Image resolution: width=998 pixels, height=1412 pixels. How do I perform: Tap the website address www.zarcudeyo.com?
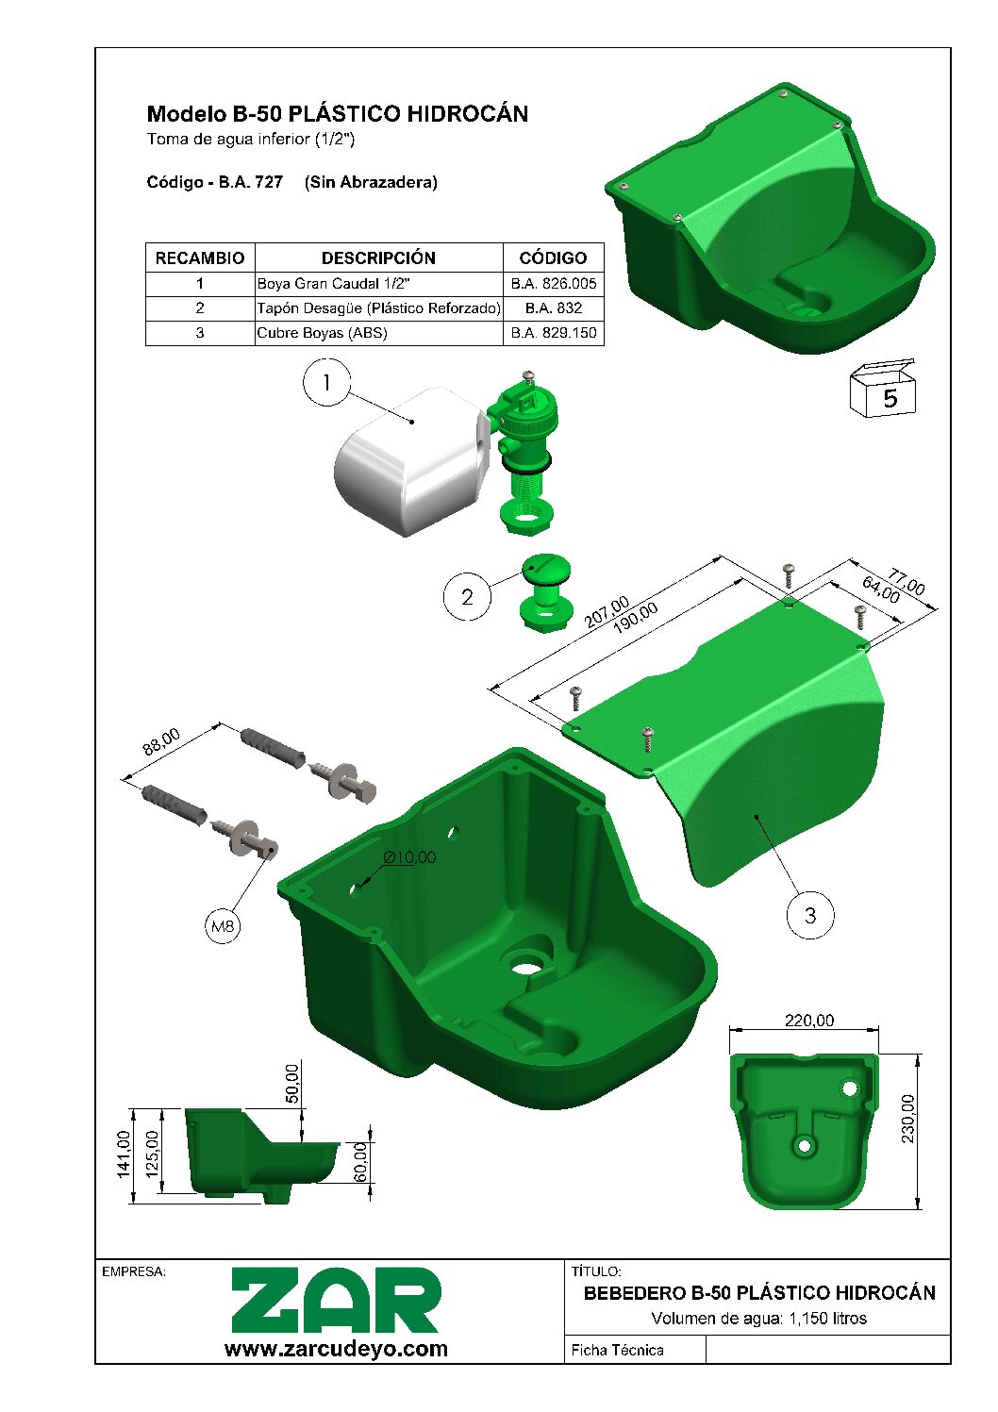pos(336,1349)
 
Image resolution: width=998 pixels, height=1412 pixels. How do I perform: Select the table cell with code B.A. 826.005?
pos(554,283)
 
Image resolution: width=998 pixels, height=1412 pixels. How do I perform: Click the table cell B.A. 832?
pos(554,307)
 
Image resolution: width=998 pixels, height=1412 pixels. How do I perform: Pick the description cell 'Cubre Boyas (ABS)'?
pos(322,332)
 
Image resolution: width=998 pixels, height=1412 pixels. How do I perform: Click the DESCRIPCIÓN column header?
pos(378,257)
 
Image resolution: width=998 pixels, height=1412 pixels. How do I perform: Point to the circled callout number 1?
pos(326,382)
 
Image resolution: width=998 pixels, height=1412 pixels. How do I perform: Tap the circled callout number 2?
pos(467,597)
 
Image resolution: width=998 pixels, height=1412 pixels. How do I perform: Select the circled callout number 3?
pos(809,915)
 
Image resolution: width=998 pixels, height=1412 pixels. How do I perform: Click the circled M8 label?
pos(223,926)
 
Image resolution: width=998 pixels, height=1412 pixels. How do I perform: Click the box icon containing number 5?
pos(884,390)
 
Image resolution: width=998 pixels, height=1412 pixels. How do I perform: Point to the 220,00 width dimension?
pos(809,1021)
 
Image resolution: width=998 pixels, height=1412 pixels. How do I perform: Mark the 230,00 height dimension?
pos(907,1119)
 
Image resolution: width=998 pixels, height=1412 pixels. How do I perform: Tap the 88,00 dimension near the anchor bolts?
pos(161,743)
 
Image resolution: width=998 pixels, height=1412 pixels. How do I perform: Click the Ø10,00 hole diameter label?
pos(409,857)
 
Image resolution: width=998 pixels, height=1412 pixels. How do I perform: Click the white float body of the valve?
pos(406,462)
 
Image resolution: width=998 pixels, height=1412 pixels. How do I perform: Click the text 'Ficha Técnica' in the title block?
pos(617,1350)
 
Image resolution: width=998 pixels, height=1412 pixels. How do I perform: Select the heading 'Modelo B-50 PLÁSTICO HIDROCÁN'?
pos(337,114)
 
